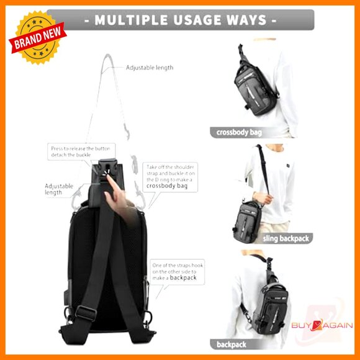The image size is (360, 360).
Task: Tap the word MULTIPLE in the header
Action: click(128, 20)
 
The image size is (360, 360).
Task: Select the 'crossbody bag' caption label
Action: click(240, 132)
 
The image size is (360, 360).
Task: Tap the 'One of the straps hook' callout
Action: click(178, 272)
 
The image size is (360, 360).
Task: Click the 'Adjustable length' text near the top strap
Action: click(150, 67)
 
